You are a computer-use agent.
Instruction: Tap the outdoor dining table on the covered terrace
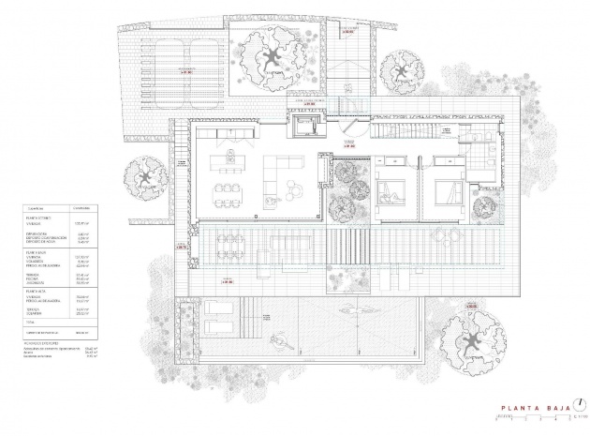[x=229, y=245]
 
